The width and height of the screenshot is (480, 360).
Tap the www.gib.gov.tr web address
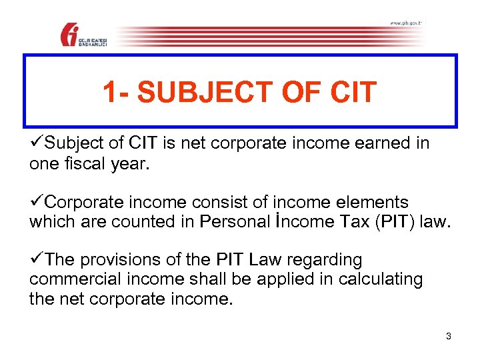point(406,23)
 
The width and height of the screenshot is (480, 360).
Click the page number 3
point(449,336)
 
